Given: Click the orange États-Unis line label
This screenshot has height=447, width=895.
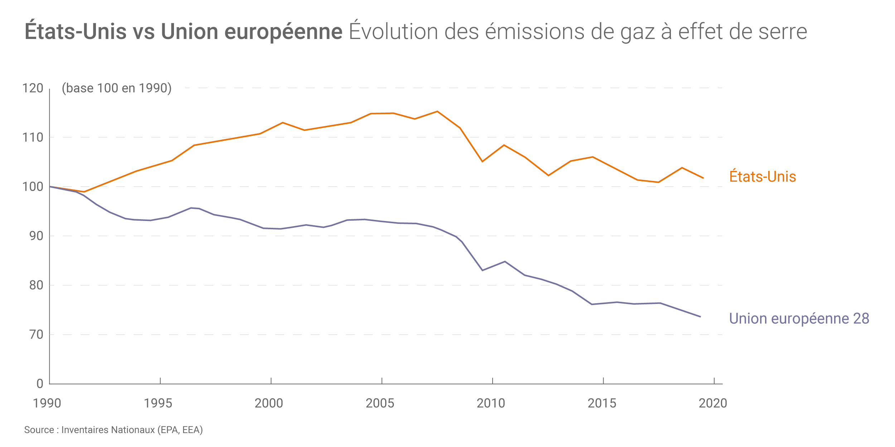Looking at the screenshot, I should [763, 177].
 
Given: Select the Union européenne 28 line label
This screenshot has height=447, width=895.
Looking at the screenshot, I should [799, 319].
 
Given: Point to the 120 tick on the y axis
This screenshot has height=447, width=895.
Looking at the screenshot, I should [33, 88].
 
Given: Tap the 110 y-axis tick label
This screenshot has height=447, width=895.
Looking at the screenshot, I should [33, 137].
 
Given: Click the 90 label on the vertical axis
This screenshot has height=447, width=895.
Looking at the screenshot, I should [36, 236].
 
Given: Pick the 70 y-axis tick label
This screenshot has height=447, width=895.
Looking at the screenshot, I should [36, 335].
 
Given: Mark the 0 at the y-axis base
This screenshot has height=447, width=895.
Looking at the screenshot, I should [40, 384].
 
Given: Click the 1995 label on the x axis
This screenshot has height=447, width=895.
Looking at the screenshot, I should [158, 403].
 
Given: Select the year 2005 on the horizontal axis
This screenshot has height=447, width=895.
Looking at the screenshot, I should [380, 403].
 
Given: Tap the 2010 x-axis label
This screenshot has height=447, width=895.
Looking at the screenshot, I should [491, 403].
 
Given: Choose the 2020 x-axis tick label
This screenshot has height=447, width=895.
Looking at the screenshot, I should [713, 403].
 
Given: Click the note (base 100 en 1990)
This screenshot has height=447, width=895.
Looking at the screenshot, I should [117, 88].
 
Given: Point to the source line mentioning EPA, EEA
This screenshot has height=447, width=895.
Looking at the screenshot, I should [113, 430].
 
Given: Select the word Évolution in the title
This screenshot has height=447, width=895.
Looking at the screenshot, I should [393, 31].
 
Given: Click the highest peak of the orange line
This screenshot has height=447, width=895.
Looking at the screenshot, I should [437, 112].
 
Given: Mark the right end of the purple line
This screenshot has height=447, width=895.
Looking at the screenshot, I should [700, 317].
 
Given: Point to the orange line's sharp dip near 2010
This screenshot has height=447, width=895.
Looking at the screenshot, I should [482, 162].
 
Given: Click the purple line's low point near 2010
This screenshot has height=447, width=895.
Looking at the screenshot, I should [482, 270].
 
